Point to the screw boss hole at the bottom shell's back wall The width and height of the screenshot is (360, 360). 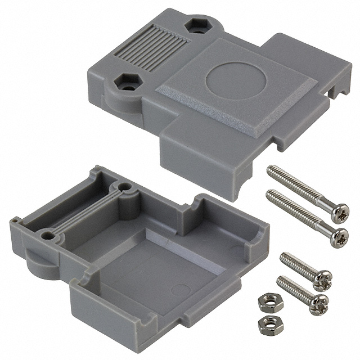(121, 189)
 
